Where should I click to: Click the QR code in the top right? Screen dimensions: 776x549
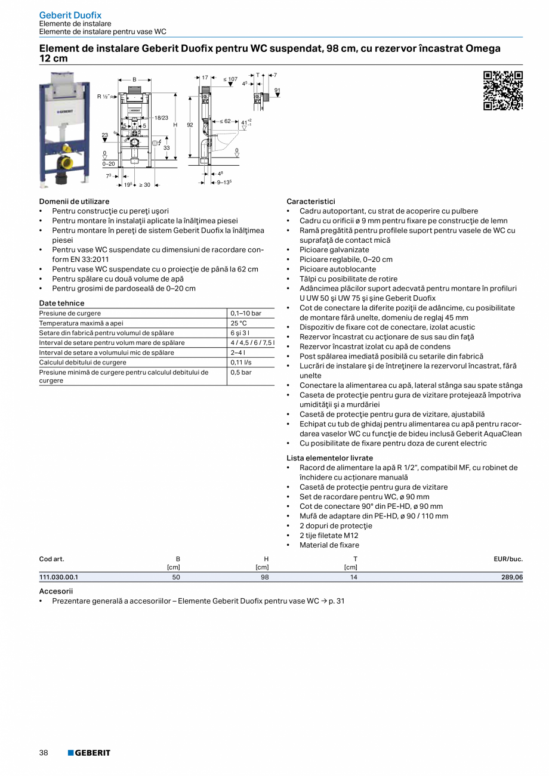502,91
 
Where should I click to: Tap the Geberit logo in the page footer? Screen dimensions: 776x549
89,753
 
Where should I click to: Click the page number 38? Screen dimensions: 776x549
44,753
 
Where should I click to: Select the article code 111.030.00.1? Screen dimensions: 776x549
59,577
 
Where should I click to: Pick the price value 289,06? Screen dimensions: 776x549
511,577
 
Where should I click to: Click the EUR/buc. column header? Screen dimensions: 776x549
508,559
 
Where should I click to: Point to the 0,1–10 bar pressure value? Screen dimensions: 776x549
246,313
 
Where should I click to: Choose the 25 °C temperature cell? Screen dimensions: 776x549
239,323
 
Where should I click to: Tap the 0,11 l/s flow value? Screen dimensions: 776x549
240,362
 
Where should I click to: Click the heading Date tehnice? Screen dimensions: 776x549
62,303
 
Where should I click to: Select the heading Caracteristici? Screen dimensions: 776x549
311,202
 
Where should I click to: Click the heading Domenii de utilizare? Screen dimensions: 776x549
75,202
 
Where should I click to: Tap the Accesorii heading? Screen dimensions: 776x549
56,591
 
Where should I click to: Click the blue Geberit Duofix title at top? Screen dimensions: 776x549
70,15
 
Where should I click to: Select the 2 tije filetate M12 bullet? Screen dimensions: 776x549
328,535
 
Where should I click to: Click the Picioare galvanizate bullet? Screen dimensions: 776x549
334,250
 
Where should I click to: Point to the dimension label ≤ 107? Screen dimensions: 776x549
230,79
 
